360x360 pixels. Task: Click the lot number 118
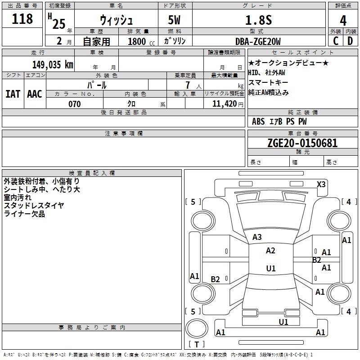(x=22, y=19)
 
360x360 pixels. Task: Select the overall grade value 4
(x=343, y=21)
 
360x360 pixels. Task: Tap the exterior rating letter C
(x=336, y=41)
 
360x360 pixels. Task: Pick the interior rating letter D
(x=350, y=41)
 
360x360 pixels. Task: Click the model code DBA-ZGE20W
(x=258, y=41)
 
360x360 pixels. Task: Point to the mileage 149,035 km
(x=53, y=65)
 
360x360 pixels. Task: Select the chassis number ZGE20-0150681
(x=302, y=143)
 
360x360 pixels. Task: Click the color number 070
(x=75, y=104)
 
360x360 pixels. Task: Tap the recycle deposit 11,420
(x=225, y=104)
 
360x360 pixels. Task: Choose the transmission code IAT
(x=13, y=94)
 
